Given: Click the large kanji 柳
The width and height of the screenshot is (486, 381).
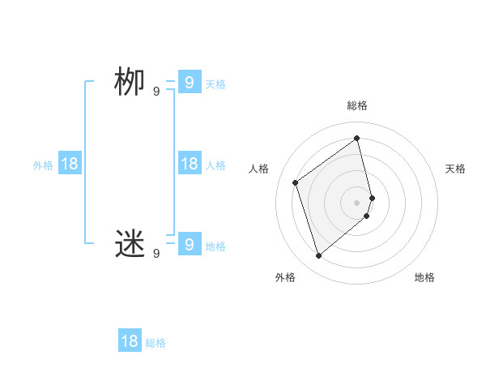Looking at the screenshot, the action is [130, 83].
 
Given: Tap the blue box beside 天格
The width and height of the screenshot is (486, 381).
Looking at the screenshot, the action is [189, 83].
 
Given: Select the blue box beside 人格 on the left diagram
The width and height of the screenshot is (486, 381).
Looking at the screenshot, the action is [189, 164].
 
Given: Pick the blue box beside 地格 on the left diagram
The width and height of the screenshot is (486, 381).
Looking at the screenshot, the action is [189, 243].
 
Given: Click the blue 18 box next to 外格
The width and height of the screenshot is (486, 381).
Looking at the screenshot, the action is [70, 164].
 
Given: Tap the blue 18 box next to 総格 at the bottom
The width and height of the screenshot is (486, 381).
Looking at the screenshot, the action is [130, 341].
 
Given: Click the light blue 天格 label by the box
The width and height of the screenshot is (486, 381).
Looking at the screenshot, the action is [215, 84].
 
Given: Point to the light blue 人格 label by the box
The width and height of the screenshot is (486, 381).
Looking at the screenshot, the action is [215, 165].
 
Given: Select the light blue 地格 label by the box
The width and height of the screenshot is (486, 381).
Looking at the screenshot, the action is [215, 246].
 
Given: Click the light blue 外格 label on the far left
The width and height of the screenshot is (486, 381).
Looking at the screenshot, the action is [43, 165].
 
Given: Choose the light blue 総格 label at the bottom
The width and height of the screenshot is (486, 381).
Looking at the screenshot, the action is [156, 343].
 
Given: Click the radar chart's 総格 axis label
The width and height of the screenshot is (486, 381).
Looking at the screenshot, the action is [357, 106].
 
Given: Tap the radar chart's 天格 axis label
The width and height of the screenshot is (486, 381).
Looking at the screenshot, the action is [455, 169].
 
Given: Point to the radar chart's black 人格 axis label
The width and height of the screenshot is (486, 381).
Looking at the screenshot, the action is [259, 169].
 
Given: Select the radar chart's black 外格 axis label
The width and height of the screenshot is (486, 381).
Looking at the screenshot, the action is [285, 277].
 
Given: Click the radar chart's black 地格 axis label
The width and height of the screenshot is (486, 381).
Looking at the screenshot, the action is [424, 277].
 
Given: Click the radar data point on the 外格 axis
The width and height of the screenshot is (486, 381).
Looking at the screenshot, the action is [319, 256].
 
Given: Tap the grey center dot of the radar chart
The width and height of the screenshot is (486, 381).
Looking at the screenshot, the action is [357, 202].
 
